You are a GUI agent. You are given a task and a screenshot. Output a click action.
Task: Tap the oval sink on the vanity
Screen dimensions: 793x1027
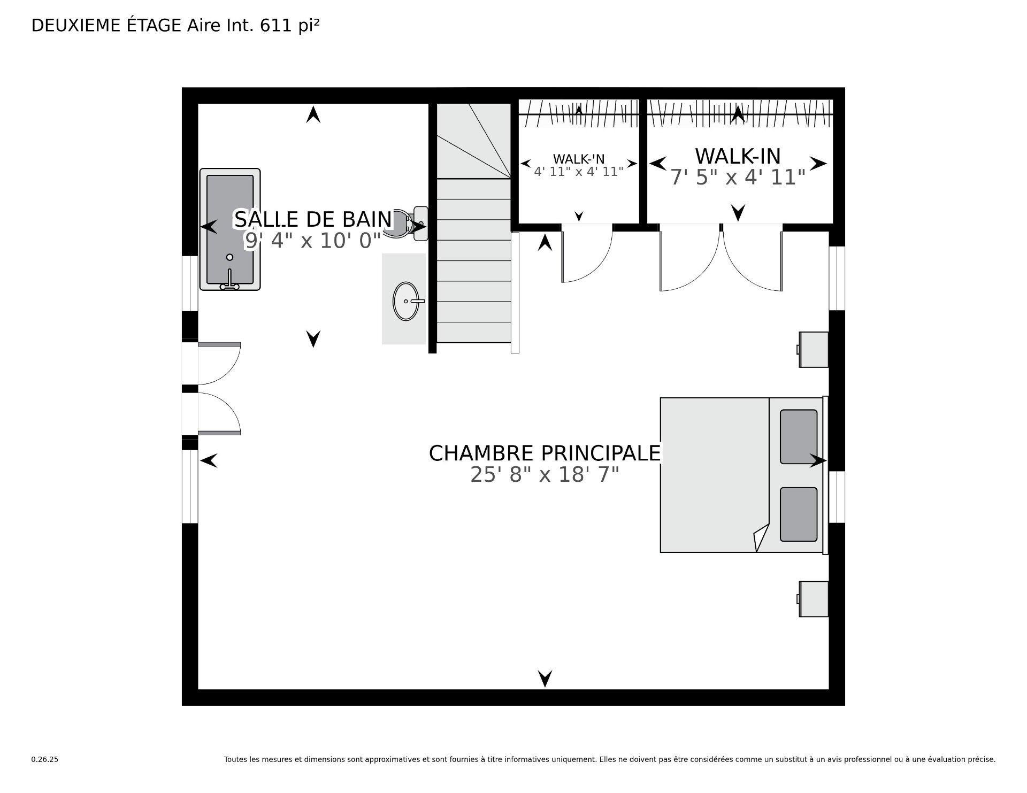pos(405,301)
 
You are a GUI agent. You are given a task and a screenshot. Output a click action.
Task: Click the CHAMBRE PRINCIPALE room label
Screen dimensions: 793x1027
pos(545,453)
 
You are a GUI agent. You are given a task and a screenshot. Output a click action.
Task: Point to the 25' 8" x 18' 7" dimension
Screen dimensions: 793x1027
pos(545,474)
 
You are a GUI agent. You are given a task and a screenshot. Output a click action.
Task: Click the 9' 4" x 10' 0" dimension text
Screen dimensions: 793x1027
pos(313,241)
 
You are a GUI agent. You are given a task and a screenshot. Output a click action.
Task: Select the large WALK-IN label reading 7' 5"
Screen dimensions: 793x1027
pos(738,156)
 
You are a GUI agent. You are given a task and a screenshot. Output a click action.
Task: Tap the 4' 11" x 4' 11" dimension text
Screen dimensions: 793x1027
pos(579,172)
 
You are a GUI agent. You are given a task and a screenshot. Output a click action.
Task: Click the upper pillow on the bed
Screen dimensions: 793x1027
pos(798,436)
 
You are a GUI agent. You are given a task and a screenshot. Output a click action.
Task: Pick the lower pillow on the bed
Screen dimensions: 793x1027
pos(798,514)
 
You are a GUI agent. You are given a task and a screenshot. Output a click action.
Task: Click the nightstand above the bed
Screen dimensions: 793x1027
pos(814,349)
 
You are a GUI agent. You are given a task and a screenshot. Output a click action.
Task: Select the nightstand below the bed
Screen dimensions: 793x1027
pos(814,599)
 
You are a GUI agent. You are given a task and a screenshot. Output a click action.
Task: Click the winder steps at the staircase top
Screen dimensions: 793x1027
pos(473,140)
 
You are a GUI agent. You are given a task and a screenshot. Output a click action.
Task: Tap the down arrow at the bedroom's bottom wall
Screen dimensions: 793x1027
pos(545,678)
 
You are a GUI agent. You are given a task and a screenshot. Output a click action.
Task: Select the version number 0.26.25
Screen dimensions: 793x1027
pos(44,759)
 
